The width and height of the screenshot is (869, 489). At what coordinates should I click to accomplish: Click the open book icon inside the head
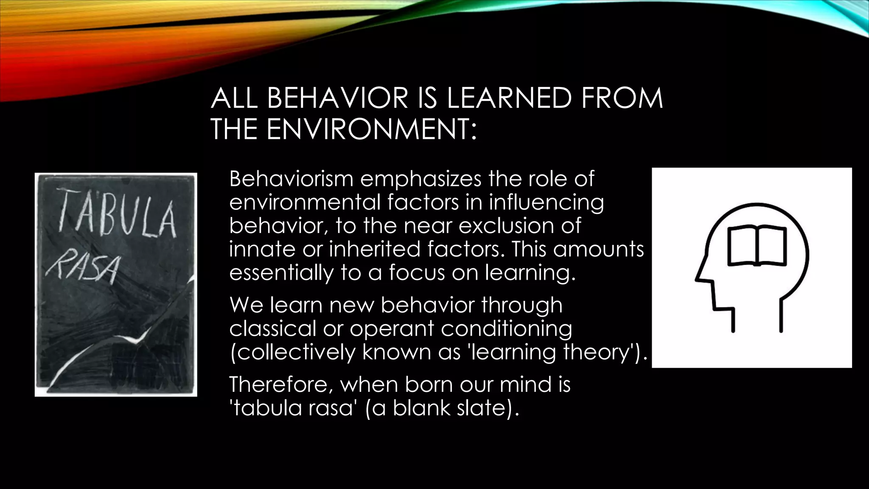click(x=757, y=247)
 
